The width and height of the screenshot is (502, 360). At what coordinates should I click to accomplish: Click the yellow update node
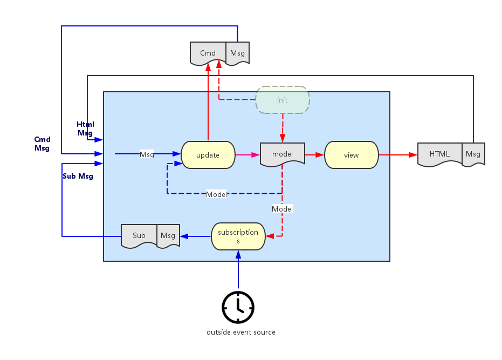coord(208,155)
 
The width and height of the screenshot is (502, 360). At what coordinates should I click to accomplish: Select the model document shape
coord(283,154)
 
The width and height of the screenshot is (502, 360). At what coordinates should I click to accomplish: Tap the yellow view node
coord(351,155)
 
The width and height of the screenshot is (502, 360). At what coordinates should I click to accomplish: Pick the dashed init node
coord(282,100)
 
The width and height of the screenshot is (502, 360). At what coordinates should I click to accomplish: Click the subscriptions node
coord(238,236)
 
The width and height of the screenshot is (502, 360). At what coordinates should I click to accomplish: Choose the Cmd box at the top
coord(208,53)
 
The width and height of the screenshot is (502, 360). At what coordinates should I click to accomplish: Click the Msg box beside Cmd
coord(237,53)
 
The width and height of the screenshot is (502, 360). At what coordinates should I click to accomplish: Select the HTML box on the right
coord(439,154)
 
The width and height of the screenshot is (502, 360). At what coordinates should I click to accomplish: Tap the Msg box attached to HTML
coord(473,154)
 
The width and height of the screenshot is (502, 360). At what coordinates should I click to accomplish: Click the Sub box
coord(139,235)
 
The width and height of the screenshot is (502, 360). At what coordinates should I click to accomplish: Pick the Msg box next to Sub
coord(168,235)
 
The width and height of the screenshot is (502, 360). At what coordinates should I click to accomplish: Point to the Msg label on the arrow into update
coord(147,154)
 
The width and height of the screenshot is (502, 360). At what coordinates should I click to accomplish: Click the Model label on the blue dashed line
coord(216,194)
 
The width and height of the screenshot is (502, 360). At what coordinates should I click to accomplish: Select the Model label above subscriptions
coord(282,209)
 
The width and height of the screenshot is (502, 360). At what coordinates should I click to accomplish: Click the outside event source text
coord(240,332)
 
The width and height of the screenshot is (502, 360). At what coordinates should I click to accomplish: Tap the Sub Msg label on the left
coord(78,176)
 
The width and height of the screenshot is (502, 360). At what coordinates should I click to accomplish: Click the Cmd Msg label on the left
coord(42,144)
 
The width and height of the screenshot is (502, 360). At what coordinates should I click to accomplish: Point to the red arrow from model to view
coord(314,155)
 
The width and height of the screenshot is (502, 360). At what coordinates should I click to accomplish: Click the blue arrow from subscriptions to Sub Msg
coord(195,236)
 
